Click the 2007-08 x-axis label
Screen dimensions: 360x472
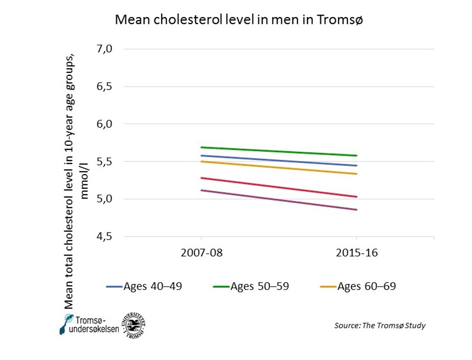201,253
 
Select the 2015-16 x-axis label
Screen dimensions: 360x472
357,253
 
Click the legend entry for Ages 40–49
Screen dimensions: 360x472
145,287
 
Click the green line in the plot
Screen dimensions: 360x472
279,151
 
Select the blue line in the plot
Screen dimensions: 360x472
279,161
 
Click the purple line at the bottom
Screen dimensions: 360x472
279,200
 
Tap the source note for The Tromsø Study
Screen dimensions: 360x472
380,325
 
